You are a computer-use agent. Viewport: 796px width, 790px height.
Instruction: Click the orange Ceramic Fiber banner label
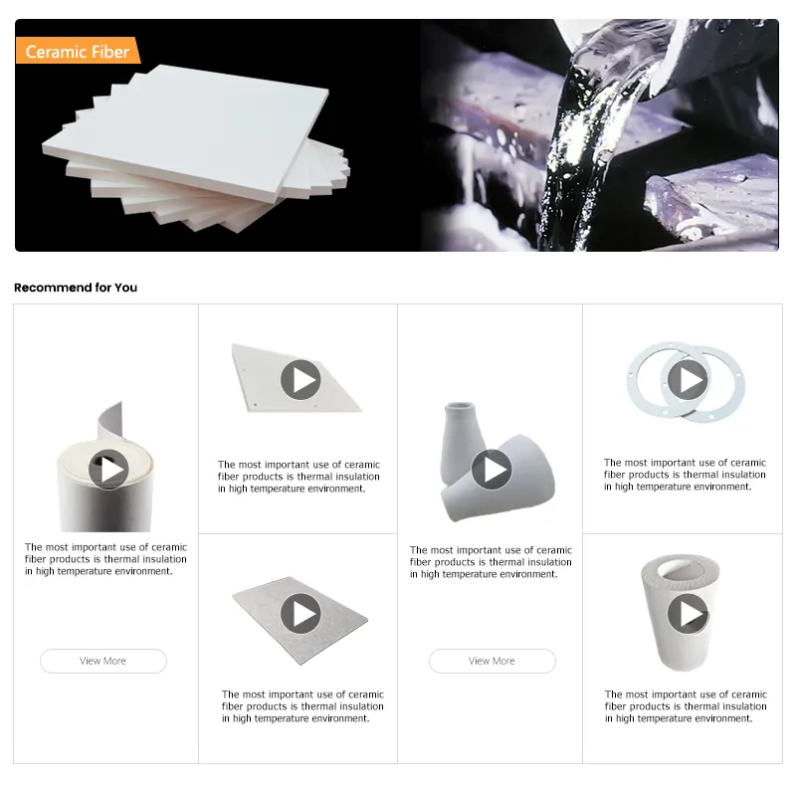(79, 51)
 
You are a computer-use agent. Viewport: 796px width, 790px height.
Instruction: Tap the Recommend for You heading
(76, 288)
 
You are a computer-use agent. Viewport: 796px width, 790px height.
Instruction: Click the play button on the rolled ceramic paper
(108, 470)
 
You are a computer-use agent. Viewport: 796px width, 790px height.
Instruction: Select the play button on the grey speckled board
(300, 613)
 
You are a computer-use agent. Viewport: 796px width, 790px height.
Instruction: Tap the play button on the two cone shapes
(492, 470)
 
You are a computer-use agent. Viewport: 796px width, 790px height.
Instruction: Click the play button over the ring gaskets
(688, 380)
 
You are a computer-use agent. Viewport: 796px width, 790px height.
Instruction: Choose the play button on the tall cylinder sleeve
(688, 613)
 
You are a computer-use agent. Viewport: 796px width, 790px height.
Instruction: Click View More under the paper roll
(103, 661)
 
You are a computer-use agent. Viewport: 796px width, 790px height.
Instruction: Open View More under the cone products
(492, 661)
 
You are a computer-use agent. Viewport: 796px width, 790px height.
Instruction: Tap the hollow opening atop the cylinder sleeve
(681, 570)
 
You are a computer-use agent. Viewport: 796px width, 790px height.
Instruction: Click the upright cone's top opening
(460, 407)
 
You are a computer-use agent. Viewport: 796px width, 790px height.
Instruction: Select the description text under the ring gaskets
(685, 475)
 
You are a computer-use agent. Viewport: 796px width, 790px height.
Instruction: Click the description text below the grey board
(302, 706)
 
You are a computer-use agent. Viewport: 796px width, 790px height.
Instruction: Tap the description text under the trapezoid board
(299, 477)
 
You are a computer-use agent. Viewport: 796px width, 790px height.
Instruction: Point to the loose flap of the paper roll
(111, 422)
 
